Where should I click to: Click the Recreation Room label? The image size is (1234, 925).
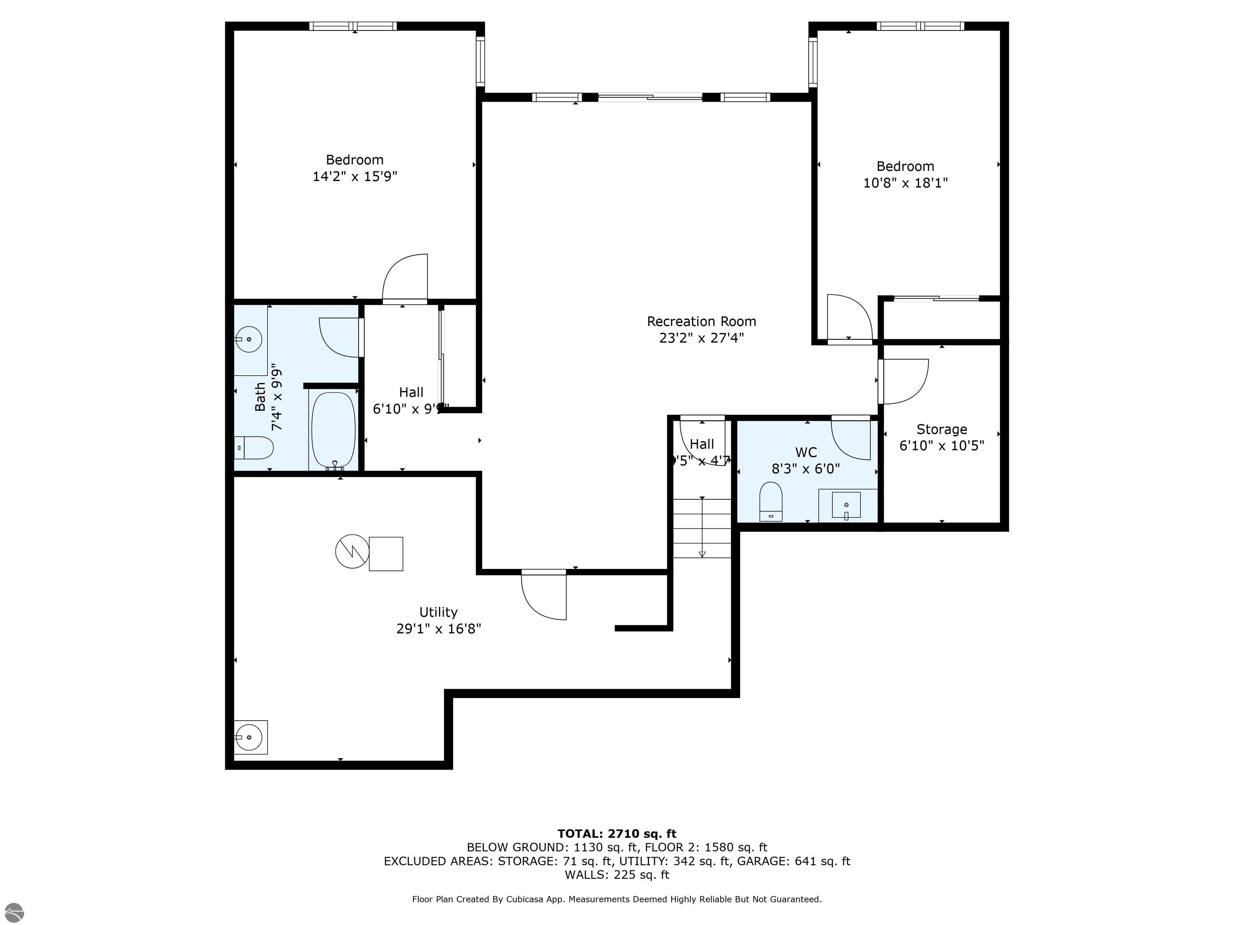coord(701,321)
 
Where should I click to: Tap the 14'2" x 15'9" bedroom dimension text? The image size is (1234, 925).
coord(355,177)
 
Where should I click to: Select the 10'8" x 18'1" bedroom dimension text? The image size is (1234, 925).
coord(905,183)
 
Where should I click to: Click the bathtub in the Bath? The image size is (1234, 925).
coord(333,429)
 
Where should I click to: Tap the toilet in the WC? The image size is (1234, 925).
coord(771,501)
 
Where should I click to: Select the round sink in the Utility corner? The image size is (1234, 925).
coord(249,738)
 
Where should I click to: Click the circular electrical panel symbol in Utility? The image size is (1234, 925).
coord(352,552)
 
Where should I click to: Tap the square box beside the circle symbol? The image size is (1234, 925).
coord(386,554)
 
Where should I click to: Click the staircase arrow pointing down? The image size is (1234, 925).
coord(702,553)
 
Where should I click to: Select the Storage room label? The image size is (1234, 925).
coord(942,429)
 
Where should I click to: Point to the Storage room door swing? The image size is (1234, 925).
coord(904,382)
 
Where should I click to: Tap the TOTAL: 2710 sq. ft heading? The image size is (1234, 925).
coord(617,833)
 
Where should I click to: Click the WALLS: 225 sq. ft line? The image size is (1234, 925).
coord(617,875)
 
